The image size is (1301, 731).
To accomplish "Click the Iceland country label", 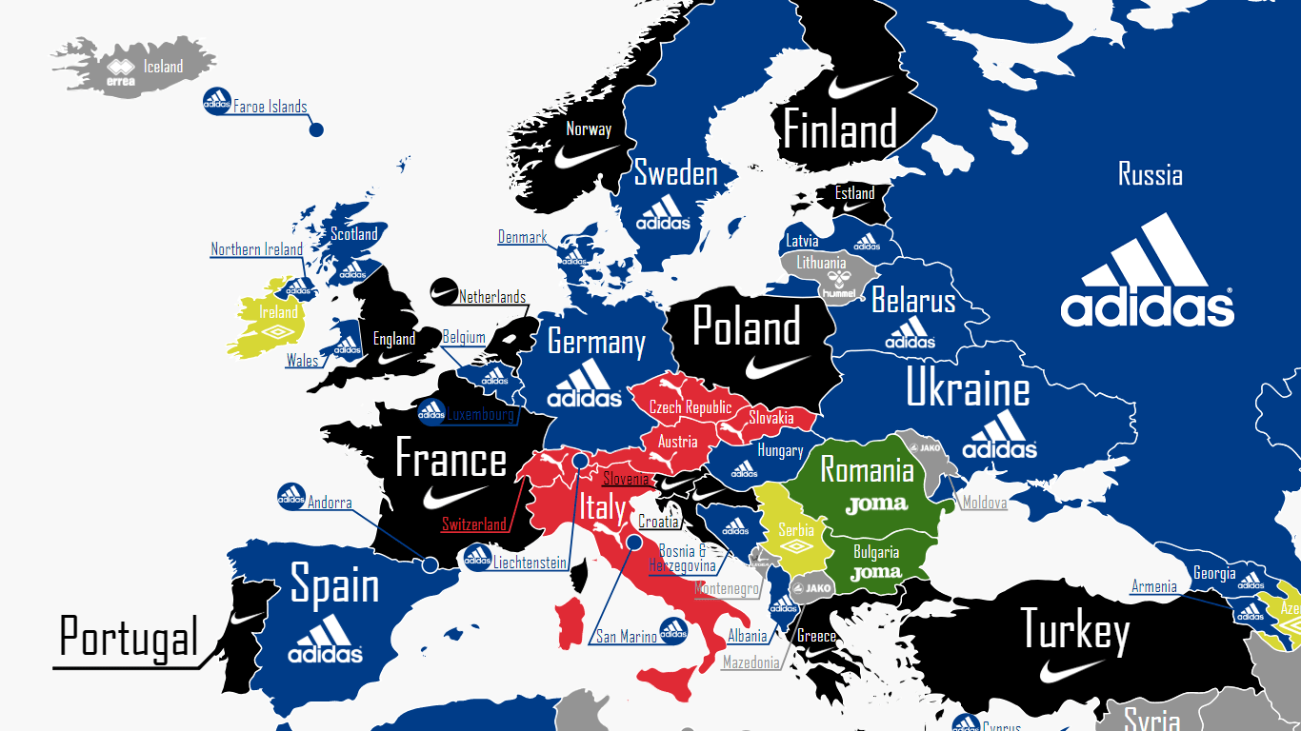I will click(x=163, y=67).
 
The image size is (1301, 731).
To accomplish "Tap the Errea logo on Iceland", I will click(x=120, y=73).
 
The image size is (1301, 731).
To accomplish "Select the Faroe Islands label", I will click(x=270, y=107).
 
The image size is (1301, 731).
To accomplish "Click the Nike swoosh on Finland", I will click(x=861, y=88).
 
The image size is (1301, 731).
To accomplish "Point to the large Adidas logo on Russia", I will click(x=1148, y=272).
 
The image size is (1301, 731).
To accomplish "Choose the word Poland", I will click(x=747, y=328).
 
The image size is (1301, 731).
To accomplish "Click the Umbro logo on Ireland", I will click(x=279, y=332).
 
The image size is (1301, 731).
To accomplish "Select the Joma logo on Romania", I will click(x=876, y=504).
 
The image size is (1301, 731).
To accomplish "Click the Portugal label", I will click(x=129, y=636).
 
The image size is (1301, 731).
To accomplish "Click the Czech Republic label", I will click(x=691, y=407).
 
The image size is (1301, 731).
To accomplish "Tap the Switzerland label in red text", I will click(x=474, y=524).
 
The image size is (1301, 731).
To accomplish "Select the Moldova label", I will click(x=985, y=503).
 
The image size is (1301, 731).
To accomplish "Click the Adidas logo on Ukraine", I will click(x=999, y=437).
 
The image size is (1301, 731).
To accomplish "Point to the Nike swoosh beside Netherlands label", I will click(x=444, y=291).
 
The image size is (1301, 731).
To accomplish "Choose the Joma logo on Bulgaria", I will click(x=875, y=573).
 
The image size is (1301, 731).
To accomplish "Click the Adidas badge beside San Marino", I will click(x=673, y=629).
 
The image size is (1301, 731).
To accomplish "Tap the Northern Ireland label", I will click(x=256, y=249).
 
